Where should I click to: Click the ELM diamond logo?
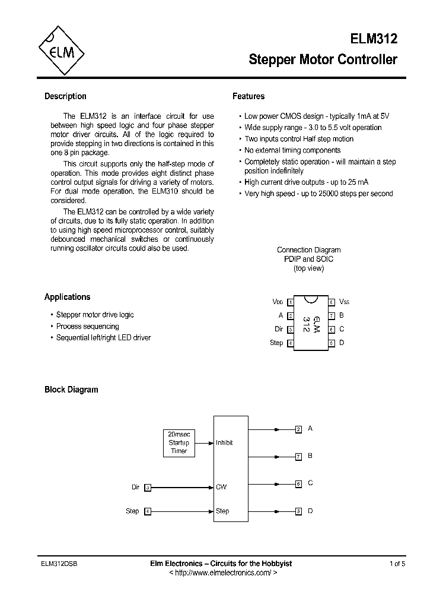click(x=60, y=50)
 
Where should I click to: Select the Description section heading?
click(x=65, y=96)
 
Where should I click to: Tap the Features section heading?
click(x=248, y=96)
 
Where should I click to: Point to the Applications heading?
click(x=67, y=297)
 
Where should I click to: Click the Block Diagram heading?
click(x=71, y=390)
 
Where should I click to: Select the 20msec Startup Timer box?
click(x=179, y=442)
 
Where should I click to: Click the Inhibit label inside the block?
click(x=224, y=442)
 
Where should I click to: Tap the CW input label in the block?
click(x=221, y=487)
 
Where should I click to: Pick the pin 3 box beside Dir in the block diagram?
click(x=148, y=488)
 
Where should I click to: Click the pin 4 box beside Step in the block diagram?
click(x=148, y=511)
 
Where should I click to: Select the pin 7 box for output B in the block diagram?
click(x=298, y=456)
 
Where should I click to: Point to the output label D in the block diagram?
click(x=311, y=511)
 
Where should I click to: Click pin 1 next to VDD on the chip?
click(x=290, y=302)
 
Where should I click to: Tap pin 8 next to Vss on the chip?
click(x=332, y=302)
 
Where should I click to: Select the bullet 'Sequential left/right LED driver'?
click(x=103, y=338)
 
